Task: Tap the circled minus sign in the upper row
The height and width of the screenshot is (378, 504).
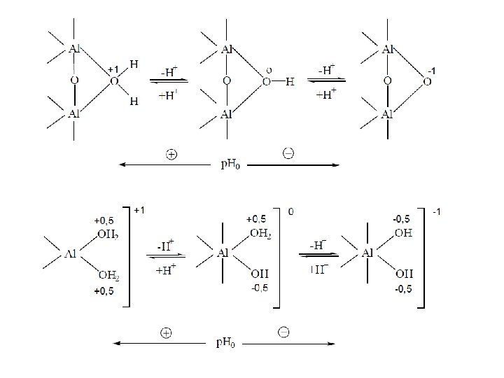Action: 288,153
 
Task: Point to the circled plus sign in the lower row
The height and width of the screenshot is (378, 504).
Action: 166,333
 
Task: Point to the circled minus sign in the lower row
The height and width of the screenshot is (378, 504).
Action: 284,332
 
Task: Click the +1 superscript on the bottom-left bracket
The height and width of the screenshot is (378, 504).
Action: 140,209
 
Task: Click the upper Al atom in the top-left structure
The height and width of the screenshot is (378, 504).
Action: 76,49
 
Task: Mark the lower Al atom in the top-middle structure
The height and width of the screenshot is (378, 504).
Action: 226,113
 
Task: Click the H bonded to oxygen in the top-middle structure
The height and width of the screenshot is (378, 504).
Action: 290,82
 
